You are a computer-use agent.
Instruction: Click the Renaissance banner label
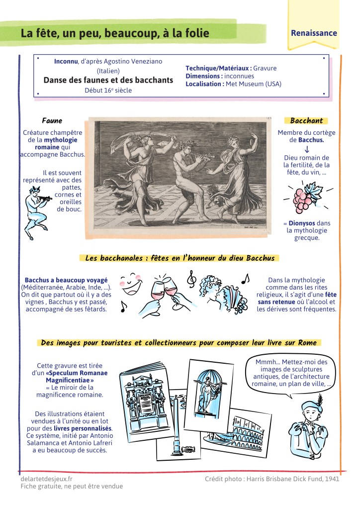pos(314,33)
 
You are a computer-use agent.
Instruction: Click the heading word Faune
pos(52,120)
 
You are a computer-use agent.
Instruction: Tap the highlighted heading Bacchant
pos(306,120)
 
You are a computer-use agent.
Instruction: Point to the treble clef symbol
pos(191,279)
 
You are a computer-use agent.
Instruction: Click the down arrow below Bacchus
pos(307,149)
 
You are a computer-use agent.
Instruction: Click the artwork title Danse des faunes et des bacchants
pos(108,80)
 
